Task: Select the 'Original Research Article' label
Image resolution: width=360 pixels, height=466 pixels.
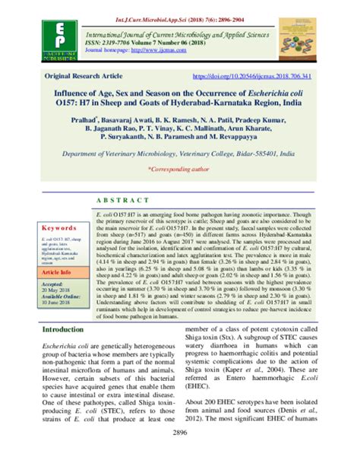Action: click(x=95, y=77)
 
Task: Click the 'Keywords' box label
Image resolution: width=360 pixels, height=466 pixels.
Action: click(x=59, y=227)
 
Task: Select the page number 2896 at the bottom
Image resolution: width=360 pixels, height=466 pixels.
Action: click(x=180, y=454)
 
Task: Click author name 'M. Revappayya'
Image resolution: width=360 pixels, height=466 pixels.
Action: click(x=255, y=141)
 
